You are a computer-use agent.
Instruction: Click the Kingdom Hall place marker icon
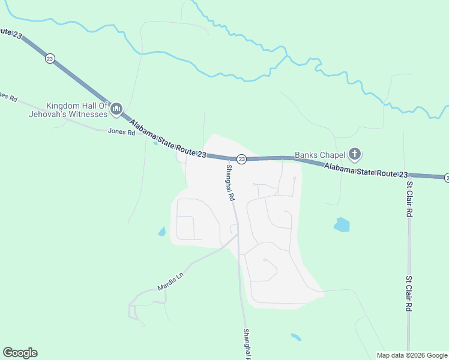[x=116, y=109]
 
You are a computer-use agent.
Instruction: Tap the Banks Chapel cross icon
[x=355, y=155]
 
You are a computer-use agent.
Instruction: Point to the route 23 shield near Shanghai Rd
[x=241, y=159]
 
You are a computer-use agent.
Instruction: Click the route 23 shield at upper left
[x=49, y=58]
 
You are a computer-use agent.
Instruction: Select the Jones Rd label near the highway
[x=121, y=132]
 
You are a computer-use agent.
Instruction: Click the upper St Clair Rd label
[x=409, y=199]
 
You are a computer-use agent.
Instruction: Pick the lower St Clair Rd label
[x=409, y=294]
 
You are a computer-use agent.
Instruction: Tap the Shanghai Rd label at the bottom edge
[x=246, y=344]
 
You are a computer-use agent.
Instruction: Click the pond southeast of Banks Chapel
[x=342, y=225]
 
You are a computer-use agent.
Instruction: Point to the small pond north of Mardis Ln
[x=161, y=231]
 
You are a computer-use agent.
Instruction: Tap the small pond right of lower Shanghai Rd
[x=295, y=337]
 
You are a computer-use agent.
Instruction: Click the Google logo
[x=20, y=353]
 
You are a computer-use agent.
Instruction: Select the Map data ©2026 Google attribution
[x=412, y=355]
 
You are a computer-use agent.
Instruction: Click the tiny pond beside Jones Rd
[x=156, y=142]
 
